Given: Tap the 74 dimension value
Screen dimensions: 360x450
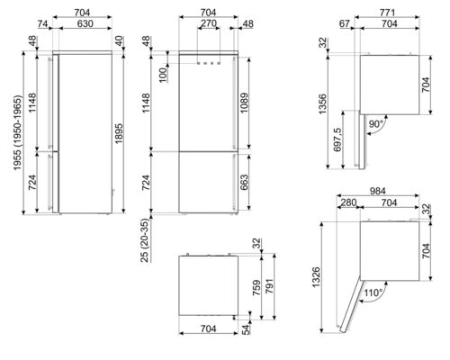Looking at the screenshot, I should [41, 25].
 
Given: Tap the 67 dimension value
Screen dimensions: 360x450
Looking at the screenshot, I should [345, 25].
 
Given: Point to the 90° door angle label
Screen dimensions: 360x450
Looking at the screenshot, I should [376, 122].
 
